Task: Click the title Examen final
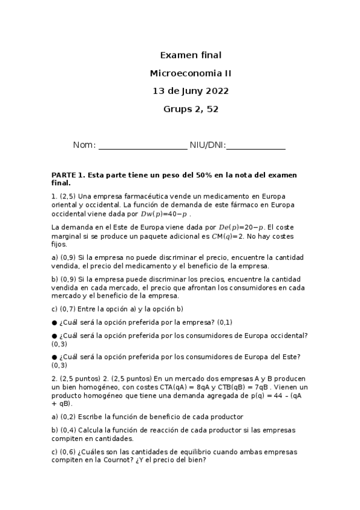pos(191,55)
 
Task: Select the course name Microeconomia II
pos(191,73)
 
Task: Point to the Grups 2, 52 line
pos(191,109)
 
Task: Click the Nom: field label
pos(84,146)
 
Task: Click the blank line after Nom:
pos(142,147)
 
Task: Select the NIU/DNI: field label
pos(207,146)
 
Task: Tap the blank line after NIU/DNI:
pos(255,147)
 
